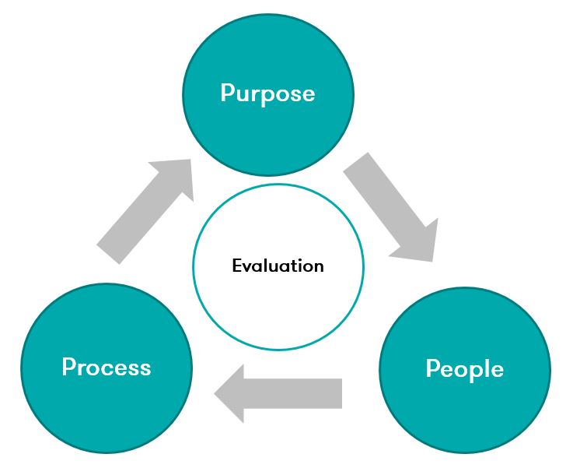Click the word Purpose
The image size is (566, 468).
pyautogui.click(x=267, y=93)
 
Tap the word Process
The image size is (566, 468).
pyautogui.click(x=107, y=366)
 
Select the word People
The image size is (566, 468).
pyautogui.click(x=465, y=368)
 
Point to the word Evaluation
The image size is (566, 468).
pyautogui.click(x=278, y=266)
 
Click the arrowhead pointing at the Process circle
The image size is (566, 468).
pyautogui.click(x=231, y=393)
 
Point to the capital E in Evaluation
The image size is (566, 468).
pyautogui.click(x=236, y=266)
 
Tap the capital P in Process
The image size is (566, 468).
pyautogui.click(x=68, y=366)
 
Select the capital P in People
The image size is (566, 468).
pyautogui.click(x=432, y=368)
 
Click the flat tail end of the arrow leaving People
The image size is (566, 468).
pyautogui.click(x=340, y=393)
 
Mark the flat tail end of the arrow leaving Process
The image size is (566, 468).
pyautogui.click(x=110, y=254)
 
